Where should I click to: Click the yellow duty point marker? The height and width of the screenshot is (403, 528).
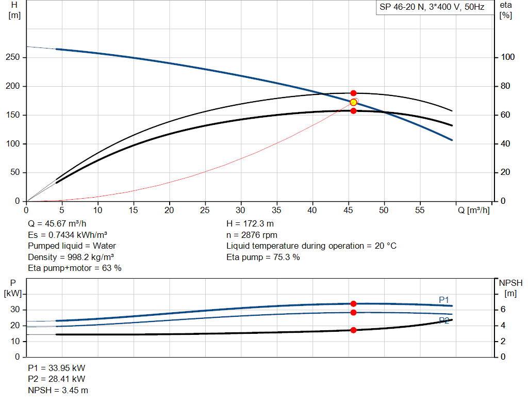(353, 102)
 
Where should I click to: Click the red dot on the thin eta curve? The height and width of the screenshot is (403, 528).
(353, 93)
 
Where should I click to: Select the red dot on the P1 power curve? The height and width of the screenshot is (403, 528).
(353, 303)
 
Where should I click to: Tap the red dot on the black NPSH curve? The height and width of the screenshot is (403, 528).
(353, 330)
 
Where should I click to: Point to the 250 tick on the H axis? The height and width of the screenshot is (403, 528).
(13, 57)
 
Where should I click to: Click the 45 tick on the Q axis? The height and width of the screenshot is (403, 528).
(348, 210)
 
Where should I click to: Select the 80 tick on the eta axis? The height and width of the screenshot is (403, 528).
(505, 86)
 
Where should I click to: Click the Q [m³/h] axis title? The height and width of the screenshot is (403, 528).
(473, 210)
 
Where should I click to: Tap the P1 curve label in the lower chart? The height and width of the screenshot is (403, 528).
(444, 300)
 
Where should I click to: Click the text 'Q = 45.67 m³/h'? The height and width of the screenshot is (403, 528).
(57, 224)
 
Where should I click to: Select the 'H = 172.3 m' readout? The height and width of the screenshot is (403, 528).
(250, 224)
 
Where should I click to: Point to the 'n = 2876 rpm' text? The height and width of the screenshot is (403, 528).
(252, 235)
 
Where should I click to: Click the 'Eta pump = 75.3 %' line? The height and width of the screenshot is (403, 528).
(263, 257)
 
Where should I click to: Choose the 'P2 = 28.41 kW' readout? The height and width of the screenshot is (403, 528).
(57, 379)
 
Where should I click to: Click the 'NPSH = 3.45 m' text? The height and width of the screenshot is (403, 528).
(58, 390)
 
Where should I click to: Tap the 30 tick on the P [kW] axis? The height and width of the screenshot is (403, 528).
(15, 309)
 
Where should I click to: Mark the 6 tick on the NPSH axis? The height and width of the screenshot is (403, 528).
(503, 309)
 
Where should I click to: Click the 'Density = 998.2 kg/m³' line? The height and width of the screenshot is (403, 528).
(71, 257)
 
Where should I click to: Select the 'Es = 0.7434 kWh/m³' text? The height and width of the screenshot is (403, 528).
(68, 235)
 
